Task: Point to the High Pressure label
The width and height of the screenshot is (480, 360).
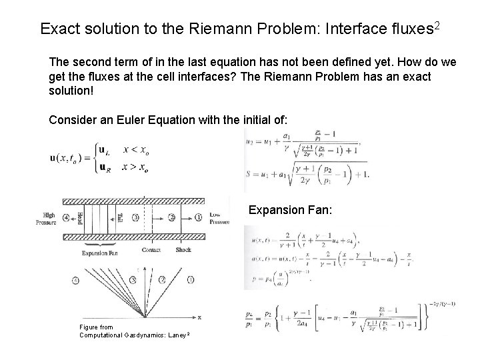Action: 47,219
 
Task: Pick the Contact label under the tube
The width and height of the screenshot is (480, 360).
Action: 151,249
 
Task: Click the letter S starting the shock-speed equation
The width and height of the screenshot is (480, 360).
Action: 249,175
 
